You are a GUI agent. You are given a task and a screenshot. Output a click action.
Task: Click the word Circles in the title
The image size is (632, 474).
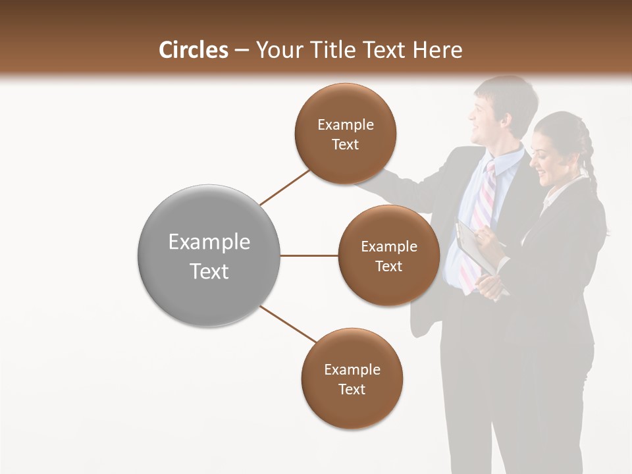(193, 50)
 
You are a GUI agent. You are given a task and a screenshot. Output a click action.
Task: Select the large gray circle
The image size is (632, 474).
(209, 255)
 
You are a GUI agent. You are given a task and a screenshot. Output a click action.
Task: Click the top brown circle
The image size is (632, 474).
(346, 134)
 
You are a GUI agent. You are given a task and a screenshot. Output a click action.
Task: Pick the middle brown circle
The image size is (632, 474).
(389, 255)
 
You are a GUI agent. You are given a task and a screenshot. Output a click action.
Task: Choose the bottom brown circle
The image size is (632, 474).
(352, 379)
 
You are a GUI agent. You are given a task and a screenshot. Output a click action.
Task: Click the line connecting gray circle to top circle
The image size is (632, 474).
(284, 188)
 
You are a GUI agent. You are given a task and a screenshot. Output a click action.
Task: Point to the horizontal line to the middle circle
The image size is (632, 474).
(309, 255)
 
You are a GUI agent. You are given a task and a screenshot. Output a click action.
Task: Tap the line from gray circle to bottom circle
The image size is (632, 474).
(288, 324)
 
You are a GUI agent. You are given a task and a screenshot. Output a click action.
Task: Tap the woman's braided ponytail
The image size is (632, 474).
(588, 165)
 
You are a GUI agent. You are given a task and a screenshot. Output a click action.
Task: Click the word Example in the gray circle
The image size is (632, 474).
(209, 242)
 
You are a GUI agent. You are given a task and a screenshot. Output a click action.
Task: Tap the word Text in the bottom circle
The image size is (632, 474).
(352, 389)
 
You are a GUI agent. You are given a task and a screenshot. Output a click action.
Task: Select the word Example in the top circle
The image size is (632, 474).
(346, 124)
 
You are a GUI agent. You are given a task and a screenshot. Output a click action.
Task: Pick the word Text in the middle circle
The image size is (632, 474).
(389, 266)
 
